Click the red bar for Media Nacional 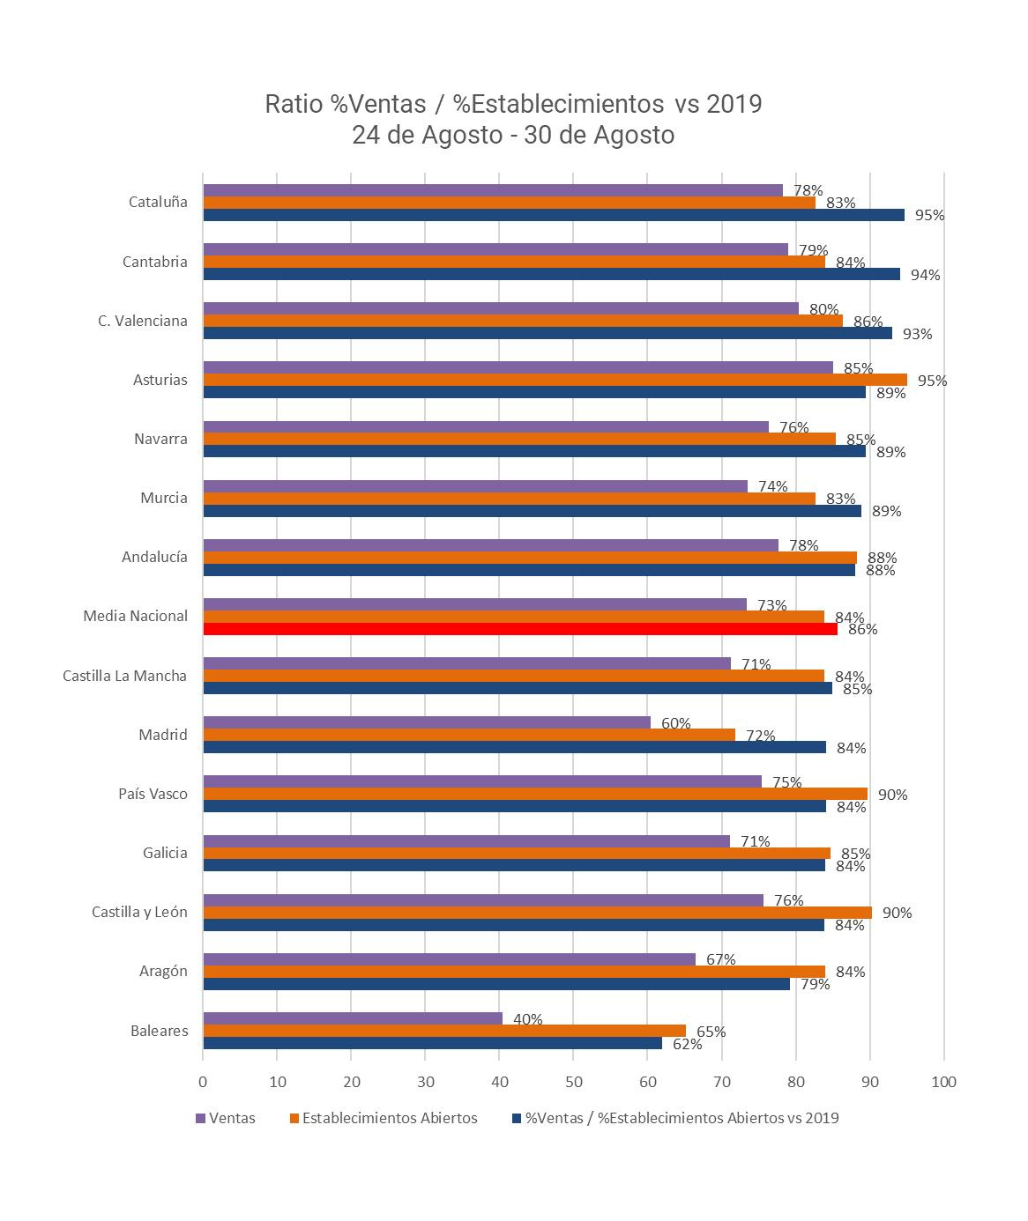pos(520,629)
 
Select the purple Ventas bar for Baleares pos(353,1018)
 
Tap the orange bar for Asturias pos(555,380)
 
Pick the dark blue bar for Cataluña pos(554,215)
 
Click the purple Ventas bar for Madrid pos(427,722)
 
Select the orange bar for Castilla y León pos(538,913)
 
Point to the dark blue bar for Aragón pos(496,984)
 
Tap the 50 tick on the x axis pos(574,1082)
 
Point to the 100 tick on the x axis pos(943,1082)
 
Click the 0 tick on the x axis pos(204,1082)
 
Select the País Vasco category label pos(153,794)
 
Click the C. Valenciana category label pos(143,321)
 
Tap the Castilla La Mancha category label pos(125,676)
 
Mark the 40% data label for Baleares pos(527,1019)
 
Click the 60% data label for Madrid pos(675,723)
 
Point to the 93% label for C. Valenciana pos(917,334)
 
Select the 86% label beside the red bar pos(862,629)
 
